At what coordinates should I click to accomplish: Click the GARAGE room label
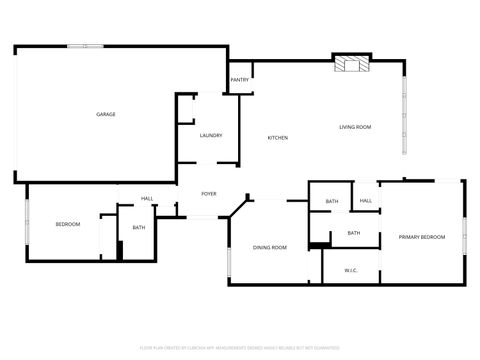[x=106, y=114]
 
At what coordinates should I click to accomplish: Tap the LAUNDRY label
[x=210, y=135]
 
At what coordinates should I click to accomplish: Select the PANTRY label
[x=240, y=80]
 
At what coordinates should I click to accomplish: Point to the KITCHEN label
[x=278, y=137]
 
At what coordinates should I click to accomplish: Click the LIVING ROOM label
[x=355, y=127]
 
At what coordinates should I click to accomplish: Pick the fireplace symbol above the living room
[x=351, y=64]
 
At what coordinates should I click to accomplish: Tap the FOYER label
[x=209, y=193]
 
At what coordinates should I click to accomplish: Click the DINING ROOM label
[x=270, y=247]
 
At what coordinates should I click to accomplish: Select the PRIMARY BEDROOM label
[x=422, y=236]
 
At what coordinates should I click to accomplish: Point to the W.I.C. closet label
[x=352, y=270]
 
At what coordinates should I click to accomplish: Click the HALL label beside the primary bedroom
[x=366, y=201]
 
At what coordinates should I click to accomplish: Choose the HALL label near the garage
[x=147, y=198]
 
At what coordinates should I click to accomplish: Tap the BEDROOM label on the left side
[x=67, y=224]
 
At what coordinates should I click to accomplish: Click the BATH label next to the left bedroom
[x=139, y=227]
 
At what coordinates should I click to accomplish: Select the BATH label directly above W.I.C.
[x=354, y=233]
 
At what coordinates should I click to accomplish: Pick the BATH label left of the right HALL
[x=332, y=202]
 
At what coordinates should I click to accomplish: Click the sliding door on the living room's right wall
[x=404, y=110]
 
